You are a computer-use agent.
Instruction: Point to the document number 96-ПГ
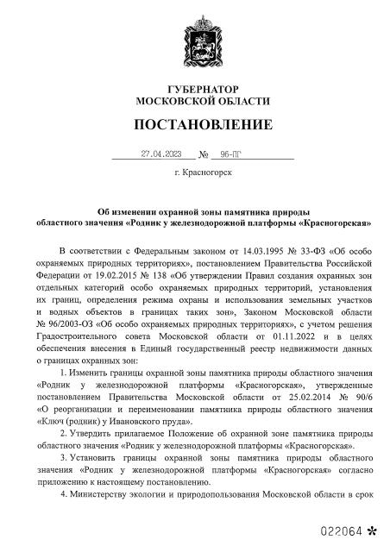point(232,154)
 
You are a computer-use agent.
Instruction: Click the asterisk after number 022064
point(372,526)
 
